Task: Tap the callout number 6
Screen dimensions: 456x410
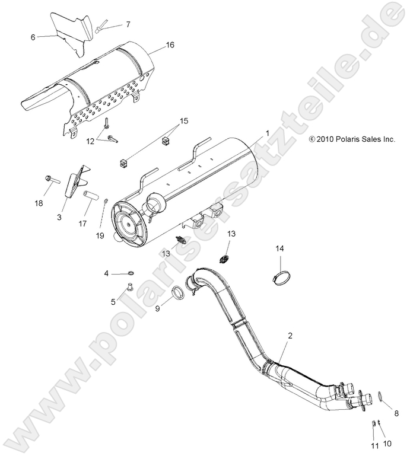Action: point(33,36)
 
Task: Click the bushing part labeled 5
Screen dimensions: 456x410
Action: point(126,289)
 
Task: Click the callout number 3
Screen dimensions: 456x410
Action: point(59,218)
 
